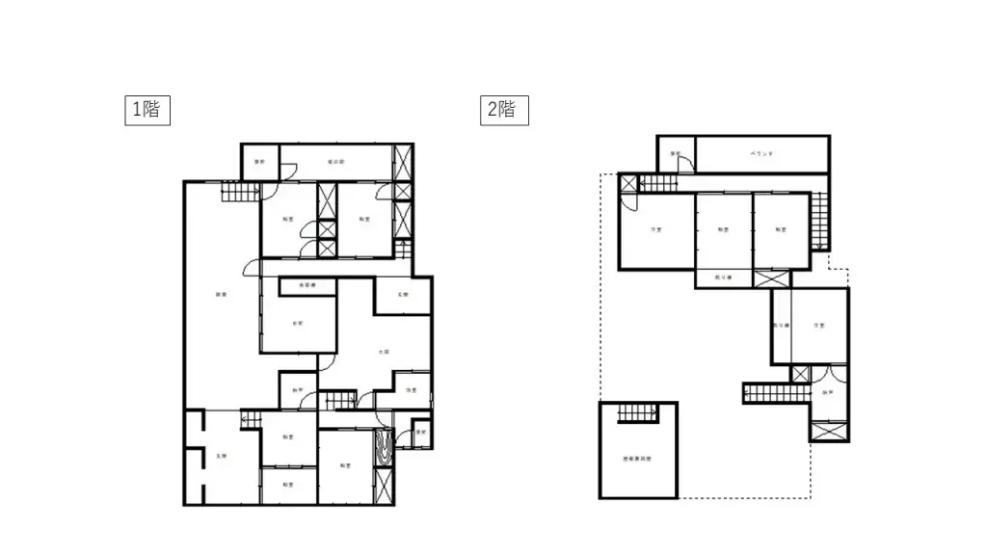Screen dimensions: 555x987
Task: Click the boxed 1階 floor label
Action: tap(148, 110)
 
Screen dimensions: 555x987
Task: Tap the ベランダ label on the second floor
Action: tap(762, 153)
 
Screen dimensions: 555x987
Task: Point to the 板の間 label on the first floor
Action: tap(335, 161)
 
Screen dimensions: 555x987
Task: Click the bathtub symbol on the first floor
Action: tap(384, 448)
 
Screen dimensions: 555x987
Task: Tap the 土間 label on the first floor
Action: tap(383, 352)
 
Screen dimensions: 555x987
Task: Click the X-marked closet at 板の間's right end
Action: tap(403, 160)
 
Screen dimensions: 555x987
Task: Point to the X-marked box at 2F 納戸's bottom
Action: tap(829, 431)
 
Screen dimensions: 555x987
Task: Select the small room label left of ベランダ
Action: tap(676, 154)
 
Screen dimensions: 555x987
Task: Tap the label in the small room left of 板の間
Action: tap(259, 161)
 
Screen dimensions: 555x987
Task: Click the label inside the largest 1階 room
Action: tap(220, 295)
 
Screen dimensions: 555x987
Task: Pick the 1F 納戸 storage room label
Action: tap(298, 390)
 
